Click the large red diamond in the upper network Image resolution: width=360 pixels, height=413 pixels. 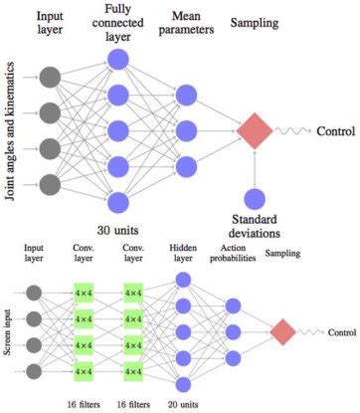[x=256, y=130]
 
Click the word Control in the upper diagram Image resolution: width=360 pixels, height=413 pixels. [x=336, y=130]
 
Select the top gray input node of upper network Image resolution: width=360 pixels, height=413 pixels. [x=50, y=77]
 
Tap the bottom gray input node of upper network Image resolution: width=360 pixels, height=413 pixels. [x=50, y=184]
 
